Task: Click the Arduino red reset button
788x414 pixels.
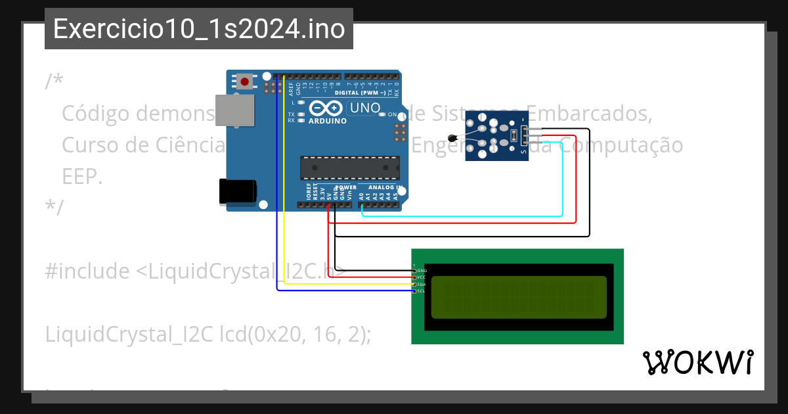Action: pos(245,81)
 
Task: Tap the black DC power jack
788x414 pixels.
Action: pos(238,191)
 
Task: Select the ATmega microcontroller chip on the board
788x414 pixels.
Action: pos(349,168)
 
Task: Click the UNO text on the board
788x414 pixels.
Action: pos(365,108)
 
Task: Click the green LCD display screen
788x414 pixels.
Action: pos(519,296)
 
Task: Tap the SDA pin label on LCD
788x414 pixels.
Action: pos(422,284)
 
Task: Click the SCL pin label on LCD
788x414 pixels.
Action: pos(422,290)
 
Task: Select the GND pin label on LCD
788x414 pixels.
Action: pos(422,271)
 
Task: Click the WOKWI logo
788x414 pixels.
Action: pos(697,363)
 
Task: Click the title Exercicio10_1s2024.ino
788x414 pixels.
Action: pos(199,29)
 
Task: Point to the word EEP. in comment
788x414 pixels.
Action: pos(82,176)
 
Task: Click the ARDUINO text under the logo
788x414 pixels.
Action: pos(327,121)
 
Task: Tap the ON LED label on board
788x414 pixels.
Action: pos(392,114)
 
